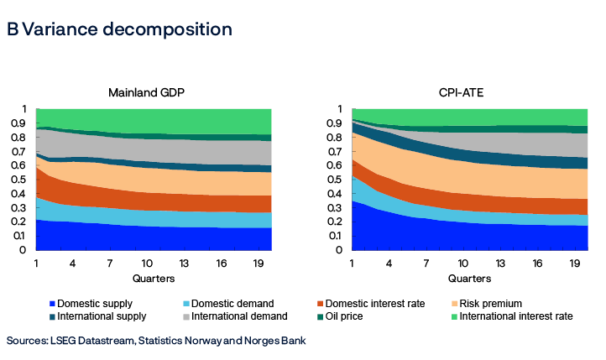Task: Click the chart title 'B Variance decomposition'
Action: coord(118,29)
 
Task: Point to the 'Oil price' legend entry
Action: coord(352,316)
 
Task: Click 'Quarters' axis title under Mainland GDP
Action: coord(154,278)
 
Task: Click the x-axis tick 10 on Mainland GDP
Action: coord(146,263)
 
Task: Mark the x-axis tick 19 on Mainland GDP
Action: coord(257,263)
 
